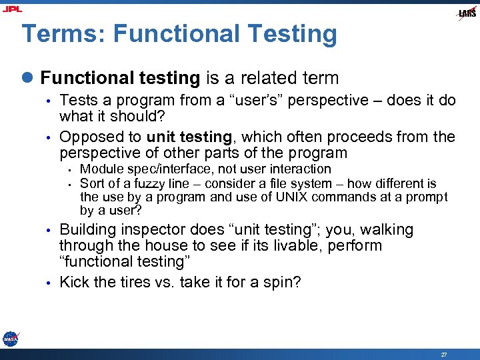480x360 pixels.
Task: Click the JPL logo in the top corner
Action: click(x=13, y=9)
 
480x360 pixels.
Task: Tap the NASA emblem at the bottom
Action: click(x=10, y=339)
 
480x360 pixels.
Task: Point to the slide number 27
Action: click(x=444, y=355)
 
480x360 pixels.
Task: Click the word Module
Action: click(x=99, y=169)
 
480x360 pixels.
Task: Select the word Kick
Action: click(x=73, y=283)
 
